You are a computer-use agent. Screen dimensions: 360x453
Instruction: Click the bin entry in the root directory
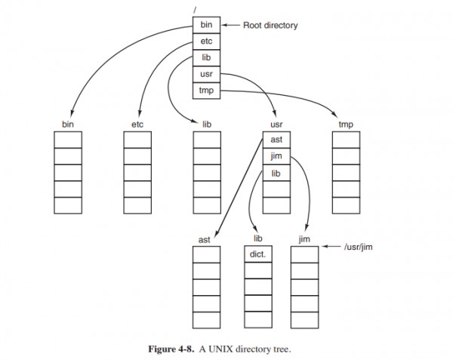coord(206,26)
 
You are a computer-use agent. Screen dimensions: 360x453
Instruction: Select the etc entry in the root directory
coord(206,42)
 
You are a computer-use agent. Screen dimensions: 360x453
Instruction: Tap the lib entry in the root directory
coord(206,57)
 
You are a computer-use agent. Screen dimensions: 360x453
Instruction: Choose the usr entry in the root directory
coord(206,74)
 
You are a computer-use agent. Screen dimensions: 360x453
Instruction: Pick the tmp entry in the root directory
coord(206,90)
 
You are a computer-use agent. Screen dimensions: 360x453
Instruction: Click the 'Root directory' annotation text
coord(271,26)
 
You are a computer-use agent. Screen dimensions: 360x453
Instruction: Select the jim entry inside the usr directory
coord(276,156)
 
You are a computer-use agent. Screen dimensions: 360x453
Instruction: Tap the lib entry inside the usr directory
coord(276,173)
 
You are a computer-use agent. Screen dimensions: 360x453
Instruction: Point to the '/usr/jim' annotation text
coord(359,246)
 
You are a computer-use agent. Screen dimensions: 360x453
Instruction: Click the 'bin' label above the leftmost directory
coord(67,122)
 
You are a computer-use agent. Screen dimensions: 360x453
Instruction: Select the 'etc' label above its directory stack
coord(137,122)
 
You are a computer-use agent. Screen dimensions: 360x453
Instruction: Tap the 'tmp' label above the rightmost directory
coord(346,122)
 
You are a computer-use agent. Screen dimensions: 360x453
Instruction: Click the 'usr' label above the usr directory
coord(276,122)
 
